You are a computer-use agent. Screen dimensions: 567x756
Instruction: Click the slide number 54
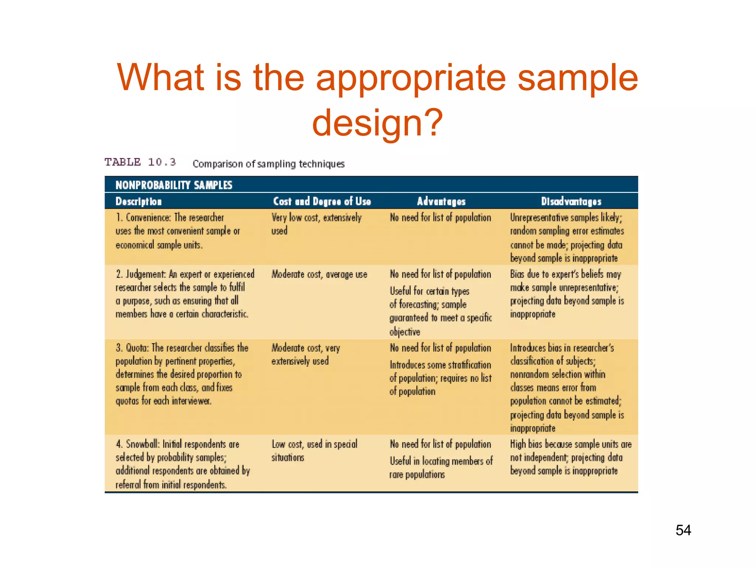point(683,530)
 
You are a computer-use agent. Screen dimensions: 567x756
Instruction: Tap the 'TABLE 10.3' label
point(140,162)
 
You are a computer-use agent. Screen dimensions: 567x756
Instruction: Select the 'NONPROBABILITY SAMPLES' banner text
point(174,185)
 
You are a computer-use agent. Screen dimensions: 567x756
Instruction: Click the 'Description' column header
point(138,201)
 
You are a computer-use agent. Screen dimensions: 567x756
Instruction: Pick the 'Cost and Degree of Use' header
point(322,201)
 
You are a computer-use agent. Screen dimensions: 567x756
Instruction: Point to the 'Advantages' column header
point(441,201)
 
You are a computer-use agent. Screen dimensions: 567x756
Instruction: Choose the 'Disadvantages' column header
point(571,201)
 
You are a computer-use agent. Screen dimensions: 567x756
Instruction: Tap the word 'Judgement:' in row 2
point(146,274)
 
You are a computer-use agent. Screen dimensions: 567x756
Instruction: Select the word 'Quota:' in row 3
point(137,348)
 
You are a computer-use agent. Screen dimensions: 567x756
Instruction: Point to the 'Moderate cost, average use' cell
point(319,274)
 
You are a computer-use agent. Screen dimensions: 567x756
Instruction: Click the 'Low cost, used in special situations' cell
point(314,451)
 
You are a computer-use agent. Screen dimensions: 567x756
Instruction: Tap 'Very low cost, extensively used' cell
point(316,224)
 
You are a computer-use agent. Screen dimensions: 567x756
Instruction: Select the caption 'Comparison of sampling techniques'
point(268,164)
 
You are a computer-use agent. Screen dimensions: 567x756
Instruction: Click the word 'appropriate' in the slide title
point(411,77)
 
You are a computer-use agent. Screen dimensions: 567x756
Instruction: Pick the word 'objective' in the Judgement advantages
point(405,332)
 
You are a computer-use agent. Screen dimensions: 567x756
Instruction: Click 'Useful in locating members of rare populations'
point(441,468)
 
